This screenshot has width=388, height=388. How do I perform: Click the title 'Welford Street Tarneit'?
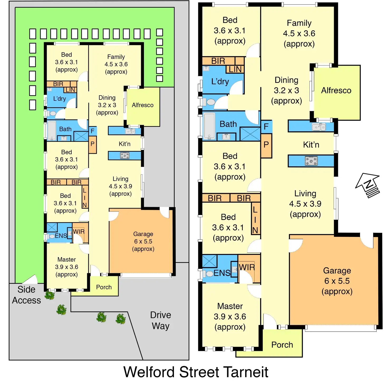[x=196, y=372]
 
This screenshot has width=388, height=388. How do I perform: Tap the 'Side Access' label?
[x=26, y=295]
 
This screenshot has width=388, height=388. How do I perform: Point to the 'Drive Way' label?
[x=161, y=320]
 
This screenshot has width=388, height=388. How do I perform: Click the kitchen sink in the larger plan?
[x=318, y=127]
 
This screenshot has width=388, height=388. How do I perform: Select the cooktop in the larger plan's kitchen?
[x=311, y=161]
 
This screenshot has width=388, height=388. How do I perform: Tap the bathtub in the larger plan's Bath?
[x=209, y=126]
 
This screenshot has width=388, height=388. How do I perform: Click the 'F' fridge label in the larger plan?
[x=266, y=127]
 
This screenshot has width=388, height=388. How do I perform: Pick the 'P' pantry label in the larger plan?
[x=266, y=145]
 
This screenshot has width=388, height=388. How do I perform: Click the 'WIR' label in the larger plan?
[x=247, y=267]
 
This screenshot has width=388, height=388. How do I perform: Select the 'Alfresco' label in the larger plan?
[x=336, y=90]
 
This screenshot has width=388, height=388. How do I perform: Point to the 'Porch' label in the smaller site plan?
[x=104, y=287]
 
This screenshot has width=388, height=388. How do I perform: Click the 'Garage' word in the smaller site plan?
[x=143, y=234]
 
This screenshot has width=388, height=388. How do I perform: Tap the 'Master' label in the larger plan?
[x=230, y=306]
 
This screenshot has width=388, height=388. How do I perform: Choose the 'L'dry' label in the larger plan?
[x=220, y=82]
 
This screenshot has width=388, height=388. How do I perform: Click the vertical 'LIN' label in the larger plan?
[x=255, y=220]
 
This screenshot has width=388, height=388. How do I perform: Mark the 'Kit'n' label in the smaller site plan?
[x=124, y=144]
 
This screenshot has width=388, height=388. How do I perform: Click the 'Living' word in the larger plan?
[x=305, y=193]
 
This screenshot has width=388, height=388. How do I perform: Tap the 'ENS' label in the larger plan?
[x=222, y=273]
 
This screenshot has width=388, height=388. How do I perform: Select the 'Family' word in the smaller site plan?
[x=116, y=57]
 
